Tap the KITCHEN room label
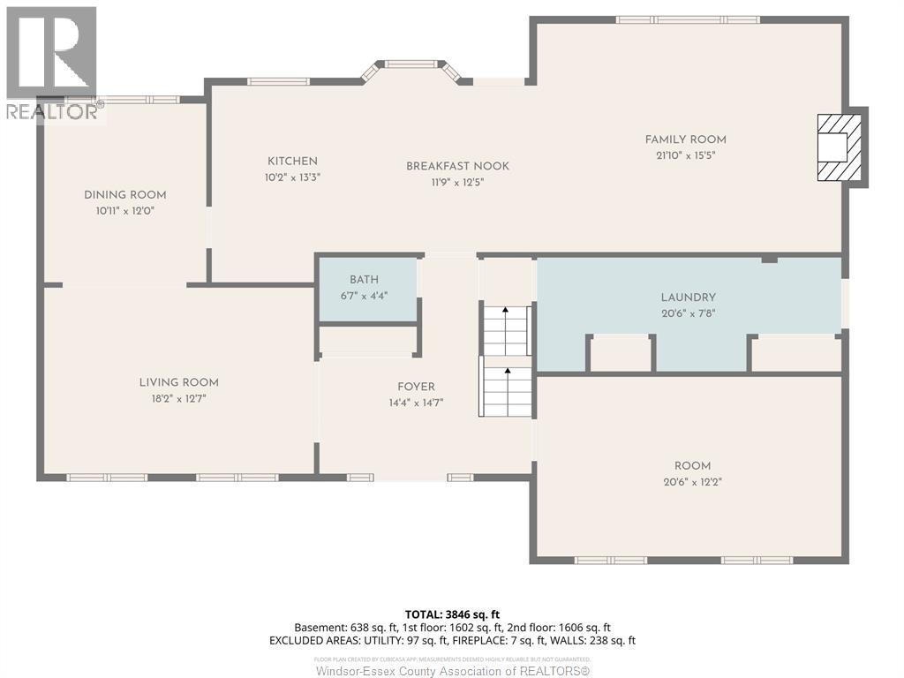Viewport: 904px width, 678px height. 292,162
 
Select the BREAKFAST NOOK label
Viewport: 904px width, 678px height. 457,166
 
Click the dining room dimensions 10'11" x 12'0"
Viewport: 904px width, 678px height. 124,211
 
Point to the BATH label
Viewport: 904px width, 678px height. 364,280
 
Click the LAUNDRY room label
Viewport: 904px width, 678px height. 688,298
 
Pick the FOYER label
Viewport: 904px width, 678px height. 415,387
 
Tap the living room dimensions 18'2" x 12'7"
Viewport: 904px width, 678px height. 178,398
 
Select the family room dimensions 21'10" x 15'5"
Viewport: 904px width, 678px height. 685,155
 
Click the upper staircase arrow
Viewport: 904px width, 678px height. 505,312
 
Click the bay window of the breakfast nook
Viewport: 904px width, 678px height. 413,64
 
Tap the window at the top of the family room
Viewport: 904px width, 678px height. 687,19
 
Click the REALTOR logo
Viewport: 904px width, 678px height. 51,62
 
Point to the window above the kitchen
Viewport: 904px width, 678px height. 277,82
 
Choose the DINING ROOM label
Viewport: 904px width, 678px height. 124,195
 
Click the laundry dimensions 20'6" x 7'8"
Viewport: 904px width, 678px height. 688,313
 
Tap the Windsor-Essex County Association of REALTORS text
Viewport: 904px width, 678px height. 452,670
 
